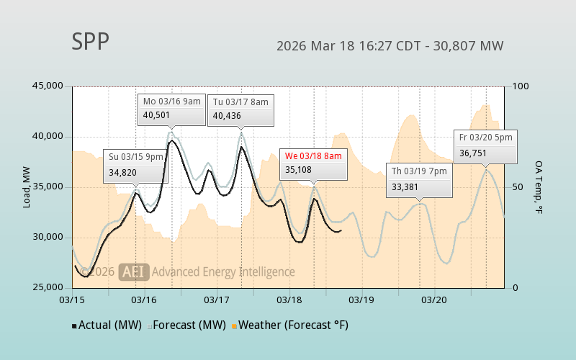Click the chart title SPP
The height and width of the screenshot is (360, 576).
click(x=90, y=42)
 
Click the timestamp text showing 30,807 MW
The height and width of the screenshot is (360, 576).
click(x=390, y=46)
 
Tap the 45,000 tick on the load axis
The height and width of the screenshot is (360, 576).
click(x=48, y=86)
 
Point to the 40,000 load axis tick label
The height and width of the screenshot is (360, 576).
click(x=48, y=137)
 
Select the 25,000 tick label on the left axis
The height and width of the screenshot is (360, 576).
click(x=48, y=288)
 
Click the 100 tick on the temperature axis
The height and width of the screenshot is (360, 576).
click(x=521, y=86)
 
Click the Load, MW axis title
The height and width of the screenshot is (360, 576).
click(x=27, y=187)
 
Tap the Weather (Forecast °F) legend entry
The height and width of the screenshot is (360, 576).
click(x=289, y=325)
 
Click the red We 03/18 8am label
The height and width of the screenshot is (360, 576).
click(x=313, y=156)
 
